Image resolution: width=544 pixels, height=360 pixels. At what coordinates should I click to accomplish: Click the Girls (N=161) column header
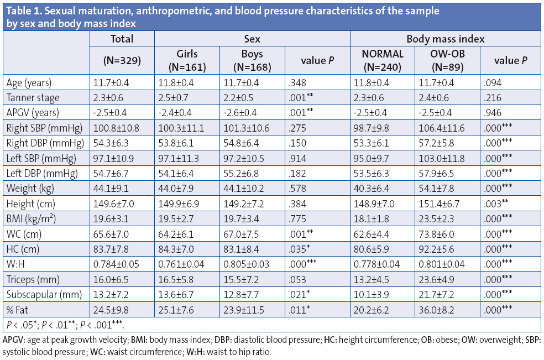pyautogui.click(x=187, y=61)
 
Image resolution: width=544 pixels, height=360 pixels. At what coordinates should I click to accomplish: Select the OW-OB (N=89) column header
pyautogui.click(x=447, y=61)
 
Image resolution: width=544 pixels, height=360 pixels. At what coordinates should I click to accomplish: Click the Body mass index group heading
pyautogui.click(x=446, y=39)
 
